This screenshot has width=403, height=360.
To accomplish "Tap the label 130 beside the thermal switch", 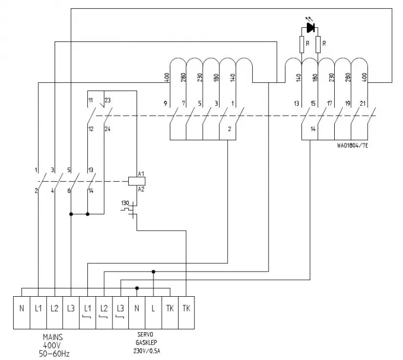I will (x=126, y=202).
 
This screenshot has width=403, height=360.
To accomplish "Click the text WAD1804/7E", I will (x=353, y=146).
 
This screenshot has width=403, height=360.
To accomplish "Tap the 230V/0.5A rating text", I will (x=147, y=350).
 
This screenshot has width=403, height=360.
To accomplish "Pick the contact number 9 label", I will (x=164, y=103).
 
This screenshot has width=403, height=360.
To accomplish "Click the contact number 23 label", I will (x=108, y=100).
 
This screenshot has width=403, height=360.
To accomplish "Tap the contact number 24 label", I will (x=108, y=129).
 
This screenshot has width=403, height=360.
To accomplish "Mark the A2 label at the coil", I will (x=140, y=189).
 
